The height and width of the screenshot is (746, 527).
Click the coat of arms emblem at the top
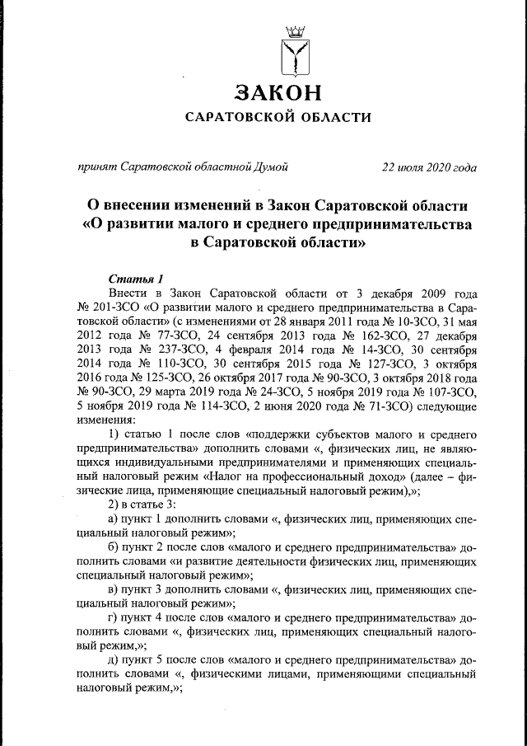coord(293,52)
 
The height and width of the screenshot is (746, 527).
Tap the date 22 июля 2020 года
coord(429,167)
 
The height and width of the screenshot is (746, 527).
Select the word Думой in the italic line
coord(271,167)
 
